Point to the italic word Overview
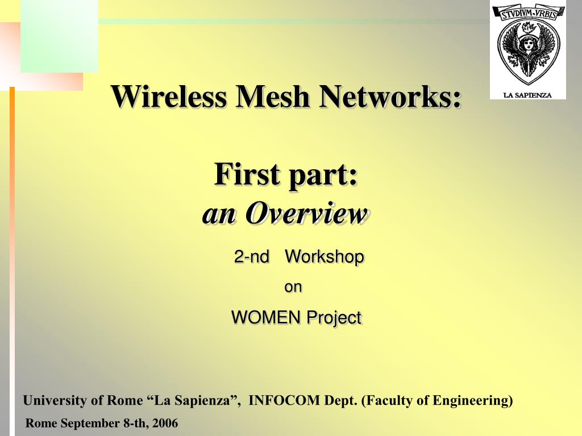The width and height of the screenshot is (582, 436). coord(306,213)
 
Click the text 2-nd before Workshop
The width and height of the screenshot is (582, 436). coord(252,257)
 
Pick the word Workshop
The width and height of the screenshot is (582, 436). coord(324,257)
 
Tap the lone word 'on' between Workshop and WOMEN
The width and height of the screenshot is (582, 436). coord(293,287)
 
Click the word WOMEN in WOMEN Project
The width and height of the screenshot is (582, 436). coord(266,317)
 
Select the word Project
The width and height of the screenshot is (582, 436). coord(334,318)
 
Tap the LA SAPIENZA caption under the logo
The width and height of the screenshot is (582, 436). coord(528,95)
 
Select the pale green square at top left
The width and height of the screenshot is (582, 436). coord(59,36)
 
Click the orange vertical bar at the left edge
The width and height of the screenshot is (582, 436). coord(12,227)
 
